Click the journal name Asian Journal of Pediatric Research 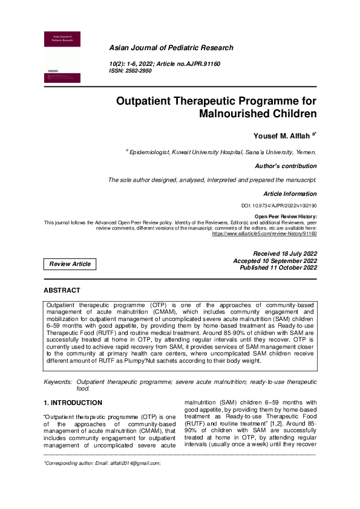coord(170,48)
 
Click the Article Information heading coord(289,194)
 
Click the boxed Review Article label coord(70,264)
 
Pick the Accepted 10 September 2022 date coord(275,261)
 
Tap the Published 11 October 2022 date coord(278,267)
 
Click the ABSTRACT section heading coord(62,291)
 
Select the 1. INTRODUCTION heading coord(73,403)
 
